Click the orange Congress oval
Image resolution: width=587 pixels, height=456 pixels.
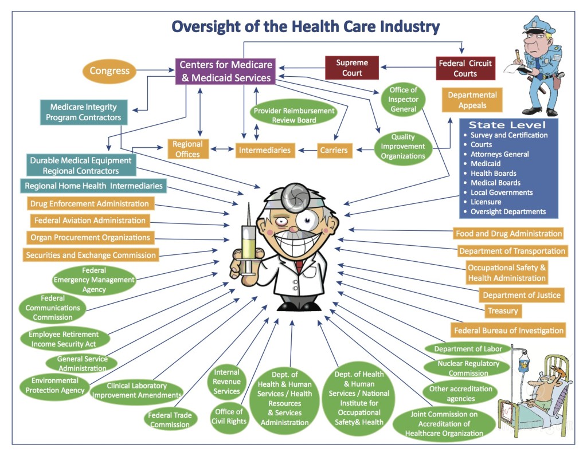[x=110, y=72]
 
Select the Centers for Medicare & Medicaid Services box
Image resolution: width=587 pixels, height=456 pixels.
[x=226, y=72]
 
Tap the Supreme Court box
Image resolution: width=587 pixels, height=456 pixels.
[x=352, y=68]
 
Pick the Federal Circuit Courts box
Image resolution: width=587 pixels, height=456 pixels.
[x=465, y=68]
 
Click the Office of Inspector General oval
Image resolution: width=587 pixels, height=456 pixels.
[x=403, y=100]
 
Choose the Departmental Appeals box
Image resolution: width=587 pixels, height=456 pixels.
[x=472, y=100]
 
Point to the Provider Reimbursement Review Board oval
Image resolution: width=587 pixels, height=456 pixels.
[x=293, y=115]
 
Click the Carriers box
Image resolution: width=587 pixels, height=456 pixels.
[x=334, y=150]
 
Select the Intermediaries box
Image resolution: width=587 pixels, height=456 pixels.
[x=265, y=150]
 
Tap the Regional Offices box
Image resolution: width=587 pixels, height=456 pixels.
[x=187, y=149]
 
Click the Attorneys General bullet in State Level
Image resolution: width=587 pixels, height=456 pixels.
[x=499, y=154]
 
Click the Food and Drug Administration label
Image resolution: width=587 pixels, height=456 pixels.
[x=508, y=234]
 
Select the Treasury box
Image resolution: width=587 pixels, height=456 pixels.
[x=503, y=311]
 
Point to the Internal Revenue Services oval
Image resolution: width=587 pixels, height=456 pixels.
[x=226, y=382]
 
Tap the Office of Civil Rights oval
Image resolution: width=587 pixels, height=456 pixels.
[x=229, y=416]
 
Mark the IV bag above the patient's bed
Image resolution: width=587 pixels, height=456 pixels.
[x=523, y=361]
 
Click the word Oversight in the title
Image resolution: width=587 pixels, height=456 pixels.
[x=208, y=26]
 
